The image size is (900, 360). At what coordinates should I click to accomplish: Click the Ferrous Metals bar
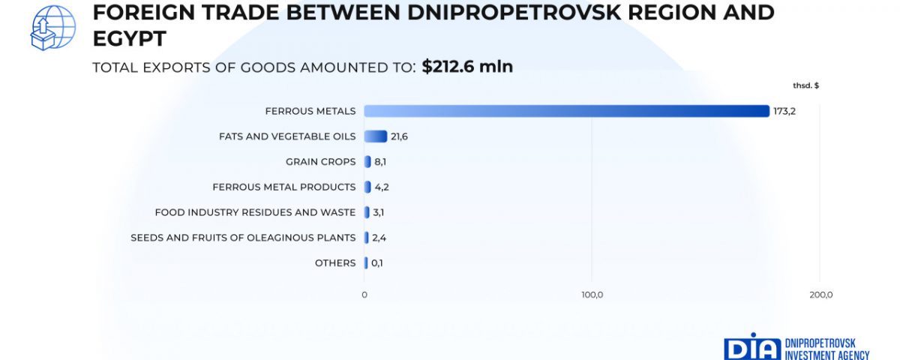click(566, 111)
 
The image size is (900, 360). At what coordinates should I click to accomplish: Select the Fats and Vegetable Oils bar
click(375, 136)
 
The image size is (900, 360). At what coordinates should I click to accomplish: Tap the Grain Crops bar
click(367, 161)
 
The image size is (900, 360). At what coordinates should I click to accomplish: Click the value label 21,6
click(399, 136)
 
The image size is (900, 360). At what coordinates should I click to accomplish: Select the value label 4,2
click(381, 187)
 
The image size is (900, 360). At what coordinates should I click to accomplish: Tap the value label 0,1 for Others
click(378, 263)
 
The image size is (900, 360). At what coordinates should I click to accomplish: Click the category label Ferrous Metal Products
click(283, 187)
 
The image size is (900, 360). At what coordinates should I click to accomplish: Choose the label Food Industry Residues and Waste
click(255, 212)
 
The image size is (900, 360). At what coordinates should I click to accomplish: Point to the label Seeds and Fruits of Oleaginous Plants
click(243, 238)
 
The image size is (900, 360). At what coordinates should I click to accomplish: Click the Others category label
click(335, 263)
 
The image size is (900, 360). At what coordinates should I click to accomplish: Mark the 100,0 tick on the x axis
click(592, 295)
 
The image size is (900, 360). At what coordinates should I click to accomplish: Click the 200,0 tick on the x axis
click(820, 295)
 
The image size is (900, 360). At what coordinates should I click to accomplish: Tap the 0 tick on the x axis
click(364, 295)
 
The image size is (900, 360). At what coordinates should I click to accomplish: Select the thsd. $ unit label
click(805, 85)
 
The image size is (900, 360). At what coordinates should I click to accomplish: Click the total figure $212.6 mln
click(467, 67)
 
